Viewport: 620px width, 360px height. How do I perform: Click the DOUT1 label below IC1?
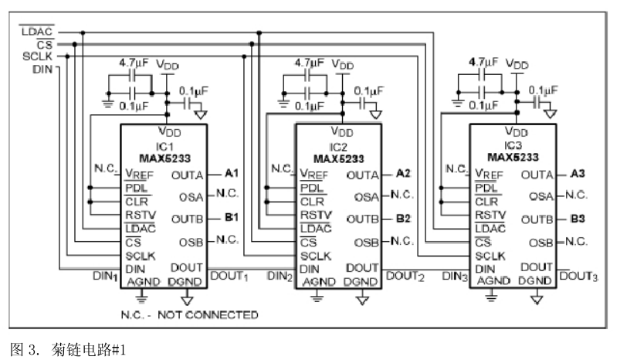coord(228,276)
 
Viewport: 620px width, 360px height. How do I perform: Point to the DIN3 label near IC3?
coord(455,276)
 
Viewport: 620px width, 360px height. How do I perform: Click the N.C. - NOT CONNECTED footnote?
coord(189,314)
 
